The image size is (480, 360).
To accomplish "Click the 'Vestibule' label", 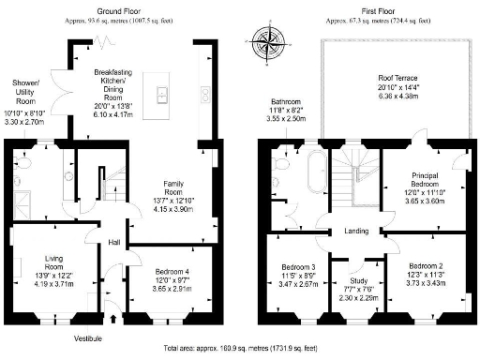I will click(90, 337).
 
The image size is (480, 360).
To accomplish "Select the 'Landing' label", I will click(355, 232).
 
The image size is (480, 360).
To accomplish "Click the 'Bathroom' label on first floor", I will click(284, 101).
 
